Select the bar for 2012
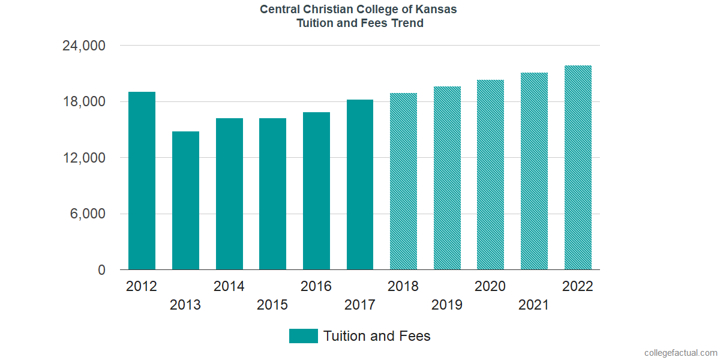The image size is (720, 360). pos(142,181)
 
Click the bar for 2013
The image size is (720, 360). pos(185,200)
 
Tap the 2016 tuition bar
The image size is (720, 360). pos(316,191)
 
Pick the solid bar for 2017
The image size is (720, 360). pos(360,184)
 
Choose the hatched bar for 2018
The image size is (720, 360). pos(403,181)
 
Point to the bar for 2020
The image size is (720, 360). pos(490,175)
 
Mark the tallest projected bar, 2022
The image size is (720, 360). pos(578,167)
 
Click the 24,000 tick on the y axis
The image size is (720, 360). pos(84,46)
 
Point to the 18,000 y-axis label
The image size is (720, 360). pos(84,102)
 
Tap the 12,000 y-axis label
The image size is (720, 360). pos(84,158)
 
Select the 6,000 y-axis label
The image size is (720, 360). pos(89,214)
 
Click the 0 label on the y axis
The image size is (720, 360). pos(102,271)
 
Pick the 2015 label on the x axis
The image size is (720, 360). pos(272,305)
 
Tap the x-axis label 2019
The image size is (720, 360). pos(447,305)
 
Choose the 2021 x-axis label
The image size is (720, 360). pos(534,305)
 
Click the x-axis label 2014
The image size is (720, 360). pos(229,286)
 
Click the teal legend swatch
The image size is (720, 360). pos(303,336)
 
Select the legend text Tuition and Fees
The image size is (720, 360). pos(377,336)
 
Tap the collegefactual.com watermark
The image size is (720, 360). pos(680,353)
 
